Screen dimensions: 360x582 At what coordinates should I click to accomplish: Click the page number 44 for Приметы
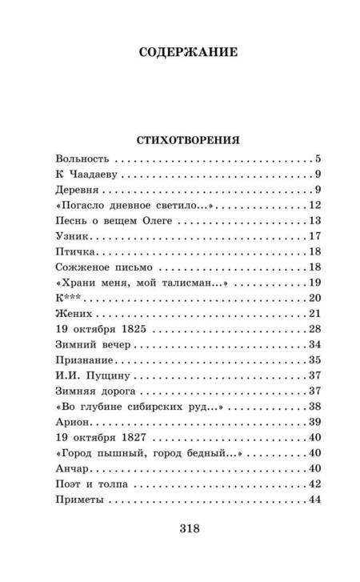(314, 494)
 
